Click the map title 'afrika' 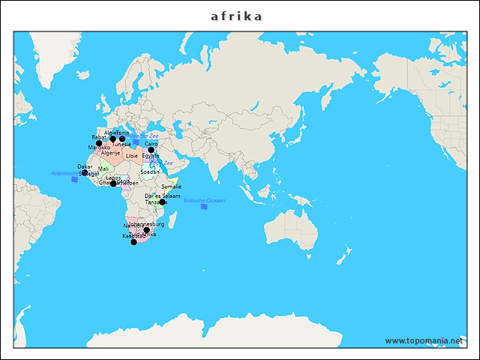pyautogui.click(x=236, y=16)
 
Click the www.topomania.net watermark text pyautogui.click(x=424, y=340)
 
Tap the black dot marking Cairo pyautogui.click(x=151, y=150)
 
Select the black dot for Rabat pyautogui.click(x=99, y=143)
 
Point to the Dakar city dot pyautogui.click(x=85, y=172)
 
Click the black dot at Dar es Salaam pyautogui.click(x=162, y=202)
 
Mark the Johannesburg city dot pyautogui.click(x=147, y=230)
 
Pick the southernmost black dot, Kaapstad pyautogui.click(x=133, y=242)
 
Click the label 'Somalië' pyautogui.click(x=172, y=186)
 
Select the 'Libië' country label pyautogui.click(x=132, y=156)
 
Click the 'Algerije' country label pyautogui.click(x=110, y=153)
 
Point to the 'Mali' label pyautogui.click(x=103, y=169)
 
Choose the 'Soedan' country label pyautogui.click(x=150, y=172)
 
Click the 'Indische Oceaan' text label pyautogui.click(x=204, y=200)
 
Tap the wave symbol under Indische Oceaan pyautogui.click(x=204, y=207)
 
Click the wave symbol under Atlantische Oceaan pyautogui.click(x=74, y=180)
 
